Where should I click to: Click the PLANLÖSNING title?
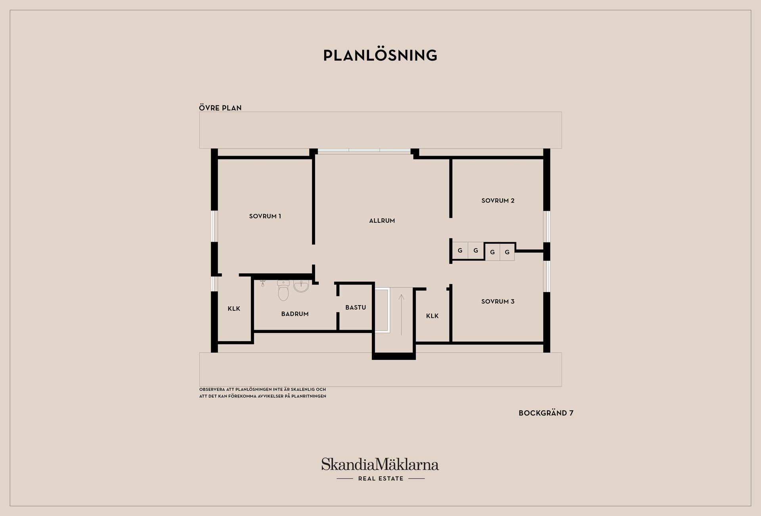coord(380,55)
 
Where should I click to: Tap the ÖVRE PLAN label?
coord(220,107)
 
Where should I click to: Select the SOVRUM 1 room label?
coord(265,216)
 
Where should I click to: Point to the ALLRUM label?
coord(382,221)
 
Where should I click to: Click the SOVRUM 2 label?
coord(498,201)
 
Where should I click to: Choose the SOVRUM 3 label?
coord(498,302)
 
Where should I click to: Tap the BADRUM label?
coord(295,314)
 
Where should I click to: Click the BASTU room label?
coord(356,308)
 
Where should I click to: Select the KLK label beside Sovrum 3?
coord(432,316)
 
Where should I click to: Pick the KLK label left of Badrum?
coord(234,309)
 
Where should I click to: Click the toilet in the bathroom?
coord(283,290)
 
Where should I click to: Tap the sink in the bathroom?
coord(301,286)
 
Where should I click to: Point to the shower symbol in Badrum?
coord(262,283)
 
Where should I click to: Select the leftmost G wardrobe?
coord(460,250)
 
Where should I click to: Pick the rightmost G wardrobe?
coord(507,252)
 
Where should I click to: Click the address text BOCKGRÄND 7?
coord(546,413)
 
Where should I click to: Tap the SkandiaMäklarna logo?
coord(380,464)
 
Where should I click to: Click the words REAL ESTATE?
coord(381,478)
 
